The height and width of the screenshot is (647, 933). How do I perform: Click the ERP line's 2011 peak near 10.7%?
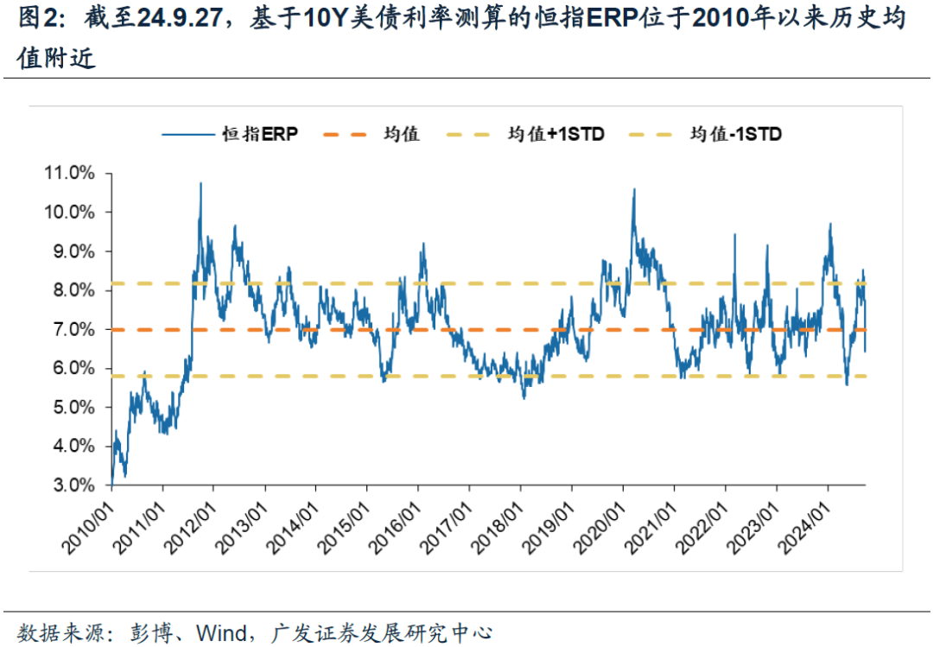200,183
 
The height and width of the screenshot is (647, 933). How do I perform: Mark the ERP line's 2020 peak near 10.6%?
634,189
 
